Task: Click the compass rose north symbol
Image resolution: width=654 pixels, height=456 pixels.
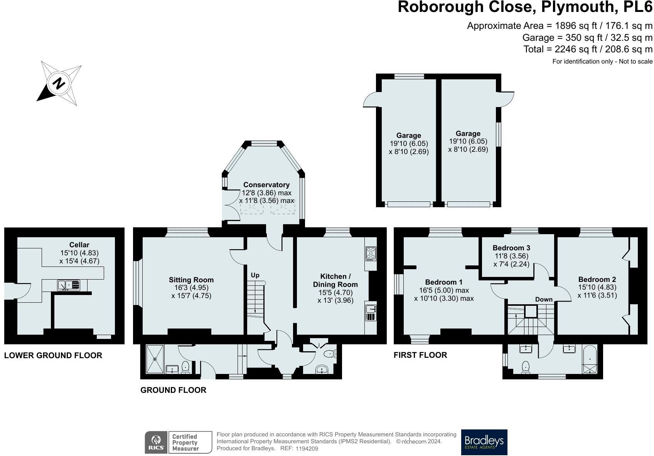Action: click(x=59, y=83)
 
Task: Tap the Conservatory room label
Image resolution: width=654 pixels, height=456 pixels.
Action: click(x=266, y=185)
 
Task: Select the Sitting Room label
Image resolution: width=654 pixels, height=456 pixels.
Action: click(x=191, y=280)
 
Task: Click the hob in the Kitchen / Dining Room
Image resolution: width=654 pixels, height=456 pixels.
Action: click(x=371, y=253)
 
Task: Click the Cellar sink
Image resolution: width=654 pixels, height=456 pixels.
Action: click(x=69, y=285)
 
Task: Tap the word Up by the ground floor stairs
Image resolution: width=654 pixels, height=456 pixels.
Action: click(x=255, y=275)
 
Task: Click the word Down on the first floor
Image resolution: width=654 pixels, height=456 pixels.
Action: click(x=544, y=299)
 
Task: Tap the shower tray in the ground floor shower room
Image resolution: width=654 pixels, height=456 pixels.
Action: click(x=155, y=359)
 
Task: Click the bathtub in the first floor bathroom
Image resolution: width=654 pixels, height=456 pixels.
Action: click(x=590, y=360)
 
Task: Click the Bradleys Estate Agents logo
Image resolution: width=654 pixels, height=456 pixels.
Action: click(x=484, y=442)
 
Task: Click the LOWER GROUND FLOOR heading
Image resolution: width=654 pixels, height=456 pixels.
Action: click(x=53, y=355)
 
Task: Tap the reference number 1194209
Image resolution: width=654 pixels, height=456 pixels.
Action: click(x=307, y=448)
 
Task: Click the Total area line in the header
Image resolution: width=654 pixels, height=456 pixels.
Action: click(x=588, y=49)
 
